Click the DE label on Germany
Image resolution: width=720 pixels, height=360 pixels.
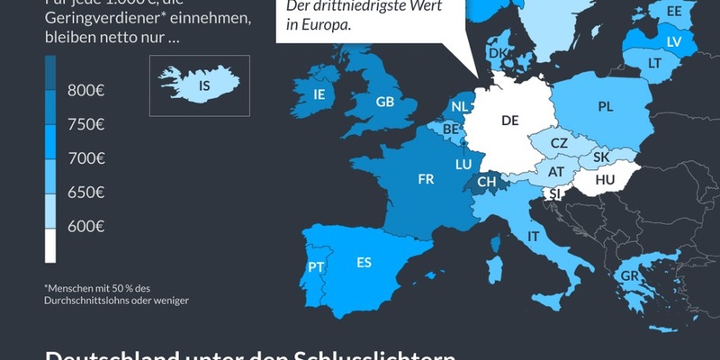[x=510, y=121]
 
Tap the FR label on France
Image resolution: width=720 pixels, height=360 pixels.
[x=427, y=179]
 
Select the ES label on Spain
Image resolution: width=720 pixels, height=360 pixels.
[x=364, y=263]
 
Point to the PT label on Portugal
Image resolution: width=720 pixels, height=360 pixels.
[x=316, y=266]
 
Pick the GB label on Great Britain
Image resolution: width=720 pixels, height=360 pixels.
[x=385, y=103]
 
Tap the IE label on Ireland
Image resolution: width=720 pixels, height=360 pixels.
[x=319, y=94]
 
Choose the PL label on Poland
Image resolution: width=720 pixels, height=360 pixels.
[x=605, y=106]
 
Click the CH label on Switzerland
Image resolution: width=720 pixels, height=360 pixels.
[x=486, y=182]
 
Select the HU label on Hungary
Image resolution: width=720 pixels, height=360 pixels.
[x=605, y=181]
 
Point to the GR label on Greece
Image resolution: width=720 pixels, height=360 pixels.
[x=629, y=275]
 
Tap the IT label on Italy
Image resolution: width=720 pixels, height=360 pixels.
[x=534, y=236]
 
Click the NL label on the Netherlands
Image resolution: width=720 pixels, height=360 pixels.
[x=460, y=106]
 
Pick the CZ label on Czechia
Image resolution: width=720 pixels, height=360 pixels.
[x=559, y=144]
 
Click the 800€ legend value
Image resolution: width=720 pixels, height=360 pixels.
[x=85, y=90]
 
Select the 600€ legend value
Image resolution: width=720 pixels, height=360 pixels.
[x=86, y=226]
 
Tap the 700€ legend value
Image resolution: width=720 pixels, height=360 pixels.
[x=86, y=157]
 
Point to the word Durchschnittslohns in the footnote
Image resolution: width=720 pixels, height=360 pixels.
[x=85, y=300]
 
